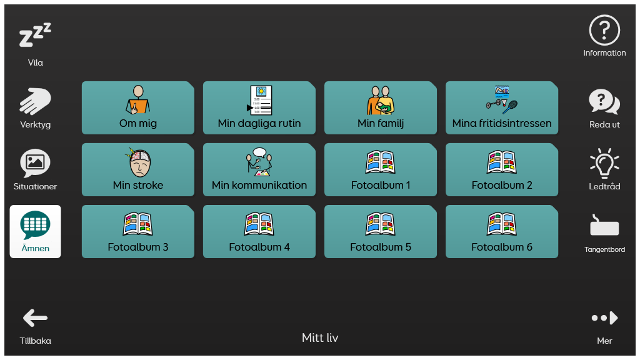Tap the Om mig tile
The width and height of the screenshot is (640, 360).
137,107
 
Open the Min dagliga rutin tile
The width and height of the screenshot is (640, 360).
259,107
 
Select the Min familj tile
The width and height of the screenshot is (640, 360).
380,107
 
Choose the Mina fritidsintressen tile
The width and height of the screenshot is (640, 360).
501,107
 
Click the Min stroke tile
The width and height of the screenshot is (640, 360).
137,169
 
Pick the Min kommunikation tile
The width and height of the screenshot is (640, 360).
259,169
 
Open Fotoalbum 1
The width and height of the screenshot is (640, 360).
380,169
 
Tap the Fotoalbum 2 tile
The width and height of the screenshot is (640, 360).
501,169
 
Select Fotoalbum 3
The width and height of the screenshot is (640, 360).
137,231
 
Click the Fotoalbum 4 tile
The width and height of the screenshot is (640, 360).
259,231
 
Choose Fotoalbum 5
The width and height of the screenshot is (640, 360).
380,231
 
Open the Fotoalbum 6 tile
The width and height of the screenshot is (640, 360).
501,231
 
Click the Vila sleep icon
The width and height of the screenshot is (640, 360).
35,37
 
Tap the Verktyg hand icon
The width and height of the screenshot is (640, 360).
35,101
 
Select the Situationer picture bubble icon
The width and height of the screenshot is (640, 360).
35,163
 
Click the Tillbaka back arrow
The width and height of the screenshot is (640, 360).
35,318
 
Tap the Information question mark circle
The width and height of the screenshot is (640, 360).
604,30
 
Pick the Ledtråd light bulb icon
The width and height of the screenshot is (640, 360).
604,163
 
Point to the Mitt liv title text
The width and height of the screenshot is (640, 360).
320,338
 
